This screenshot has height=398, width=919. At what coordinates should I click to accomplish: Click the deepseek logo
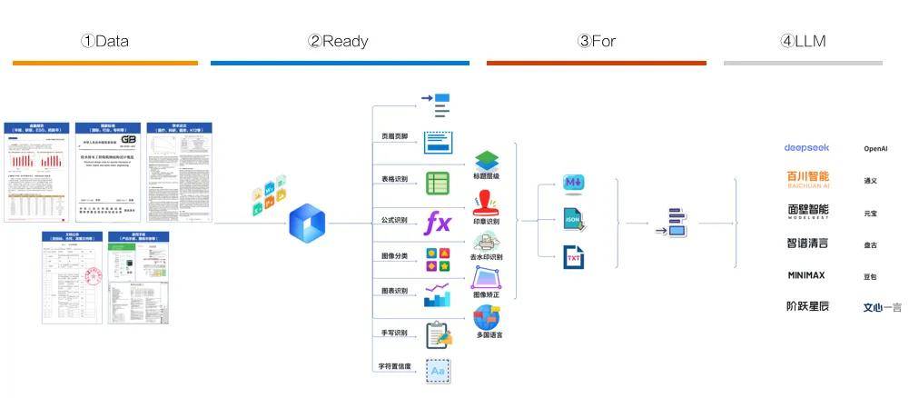(806, 147)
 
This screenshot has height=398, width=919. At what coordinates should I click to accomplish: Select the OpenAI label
(875, 148)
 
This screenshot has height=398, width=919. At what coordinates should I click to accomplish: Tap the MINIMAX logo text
(806, 274)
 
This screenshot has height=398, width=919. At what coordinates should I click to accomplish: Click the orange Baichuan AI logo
(807, 179)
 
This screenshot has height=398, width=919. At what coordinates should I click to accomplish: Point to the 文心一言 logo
(882, 307)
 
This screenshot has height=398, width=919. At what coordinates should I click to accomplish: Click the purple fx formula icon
(439, 221)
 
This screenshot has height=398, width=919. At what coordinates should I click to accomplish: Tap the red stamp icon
(487, 203)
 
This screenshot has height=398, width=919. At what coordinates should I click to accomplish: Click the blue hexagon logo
(307, 223)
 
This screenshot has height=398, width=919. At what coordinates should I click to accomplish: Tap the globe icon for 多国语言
(487, 317)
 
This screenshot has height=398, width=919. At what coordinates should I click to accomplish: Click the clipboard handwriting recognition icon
(439, 335)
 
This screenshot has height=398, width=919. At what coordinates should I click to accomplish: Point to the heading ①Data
(104, 41)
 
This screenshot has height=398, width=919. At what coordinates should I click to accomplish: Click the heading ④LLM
(803, 41)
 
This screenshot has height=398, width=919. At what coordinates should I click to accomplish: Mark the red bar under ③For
(596, 63)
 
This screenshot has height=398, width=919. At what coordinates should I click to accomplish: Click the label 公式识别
(394, 220)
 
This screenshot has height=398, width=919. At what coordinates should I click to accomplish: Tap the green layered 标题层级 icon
(487, 161)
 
